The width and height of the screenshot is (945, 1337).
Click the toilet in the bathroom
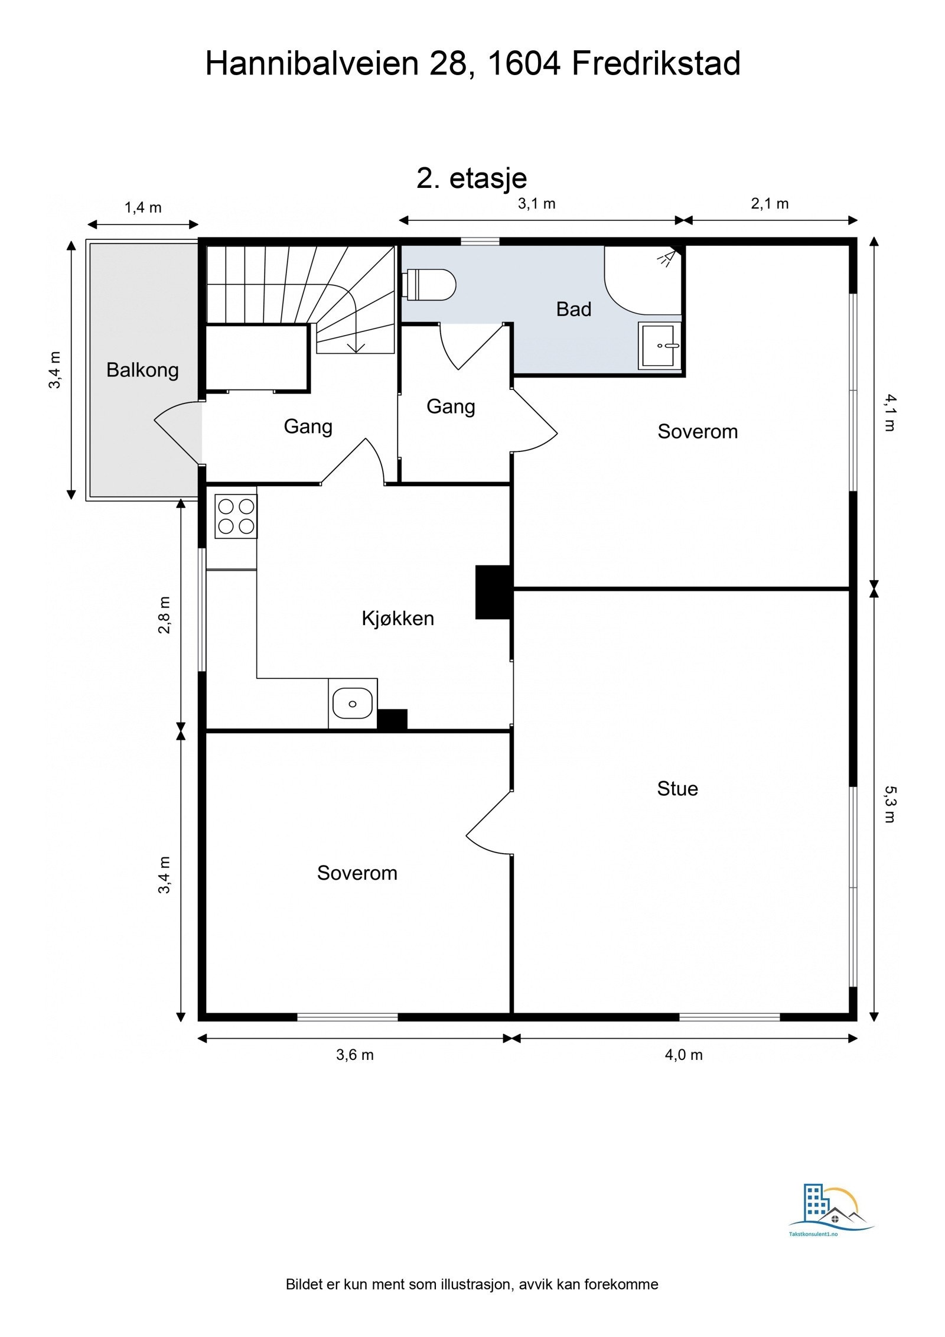pos(429,284)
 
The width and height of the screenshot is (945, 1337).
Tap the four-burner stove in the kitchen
pos(236,516)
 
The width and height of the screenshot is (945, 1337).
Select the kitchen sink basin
pos(352,703)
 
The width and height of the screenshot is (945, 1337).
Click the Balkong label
pos(142,370)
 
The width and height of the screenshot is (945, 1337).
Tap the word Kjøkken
pos(397,619)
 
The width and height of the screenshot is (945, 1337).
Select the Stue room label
pos(677,789)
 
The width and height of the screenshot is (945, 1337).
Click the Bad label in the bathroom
pos(573,309)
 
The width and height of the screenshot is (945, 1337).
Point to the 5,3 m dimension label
pos(890,804)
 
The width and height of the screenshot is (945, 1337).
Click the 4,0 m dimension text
pos(683,1055)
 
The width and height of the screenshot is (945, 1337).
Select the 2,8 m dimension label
pos(164,614)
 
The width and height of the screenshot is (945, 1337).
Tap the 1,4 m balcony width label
pos(143,207)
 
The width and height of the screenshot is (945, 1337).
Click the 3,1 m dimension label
pos(537,204)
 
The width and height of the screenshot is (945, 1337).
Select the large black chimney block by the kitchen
pos(493,592)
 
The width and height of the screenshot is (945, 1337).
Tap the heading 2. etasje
pos(472,178)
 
